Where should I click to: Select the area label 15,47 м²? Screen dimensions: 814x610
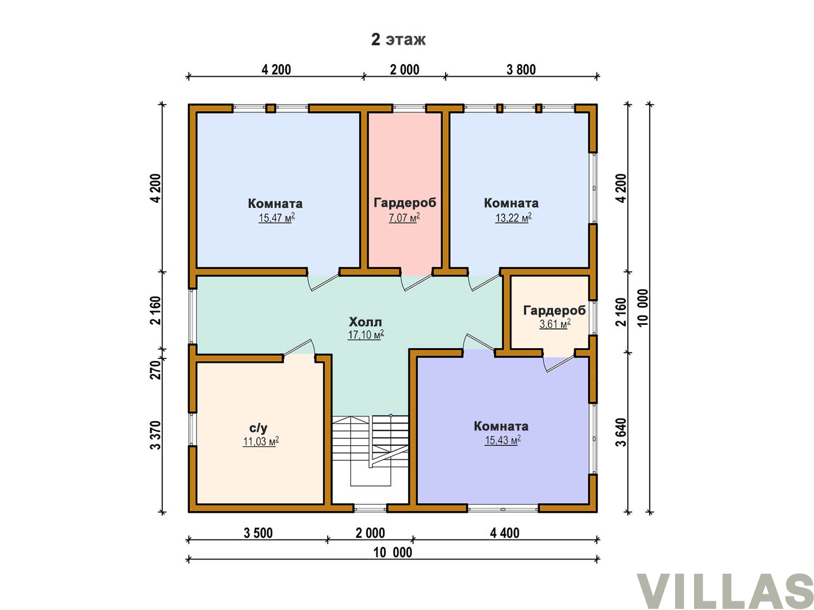(x=277, y=217)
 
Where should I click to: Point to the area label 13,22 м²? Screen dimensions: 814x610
(x=513, y=217)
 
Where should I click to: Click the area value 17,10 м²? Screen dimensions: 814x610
(x=366, y=335)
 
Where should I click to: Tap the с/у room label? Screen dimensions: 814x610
(x=258, y=428)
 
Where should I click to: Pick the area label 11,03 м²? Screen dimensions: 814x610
(x=260, y=441)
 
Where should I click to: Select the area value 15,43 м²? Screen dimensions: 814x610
(x=503, y=440)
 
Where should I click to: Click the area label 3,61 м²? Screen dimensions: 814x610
(x=555, y=324)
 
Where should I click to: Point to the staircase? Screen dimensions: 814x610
(x=370, y=450)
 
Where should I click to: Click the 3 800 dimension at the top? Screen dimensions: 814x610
(x=520, y=69)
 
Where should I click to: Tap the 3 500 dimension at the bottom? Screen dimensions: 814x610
(x=258, y=533)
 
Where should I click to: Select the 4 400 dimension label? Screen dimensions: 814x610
(x=504, y=533)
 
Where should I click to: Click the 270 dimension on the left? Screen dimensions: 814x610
(x=156, y=369)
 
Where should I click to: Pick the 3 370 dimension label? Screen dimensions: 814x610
(x=156, y=435)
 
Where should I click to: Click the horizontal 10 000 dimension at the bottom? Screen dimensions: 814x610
(x=392, y=552)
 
